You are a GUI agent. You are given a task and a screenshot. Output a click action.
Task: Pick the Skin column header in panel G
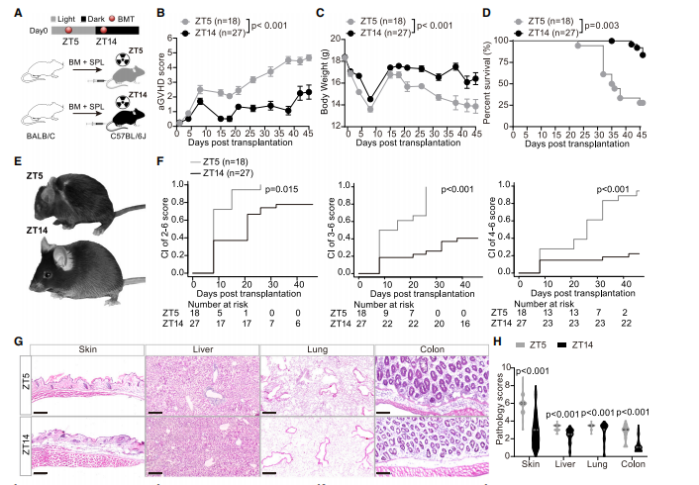(86, 349)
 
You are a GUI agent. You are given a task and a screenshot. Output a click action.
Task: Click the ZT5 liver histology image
(201, 384)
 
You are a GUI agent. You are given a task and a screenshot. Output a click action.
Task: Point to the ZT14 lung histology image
(316, 442)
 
